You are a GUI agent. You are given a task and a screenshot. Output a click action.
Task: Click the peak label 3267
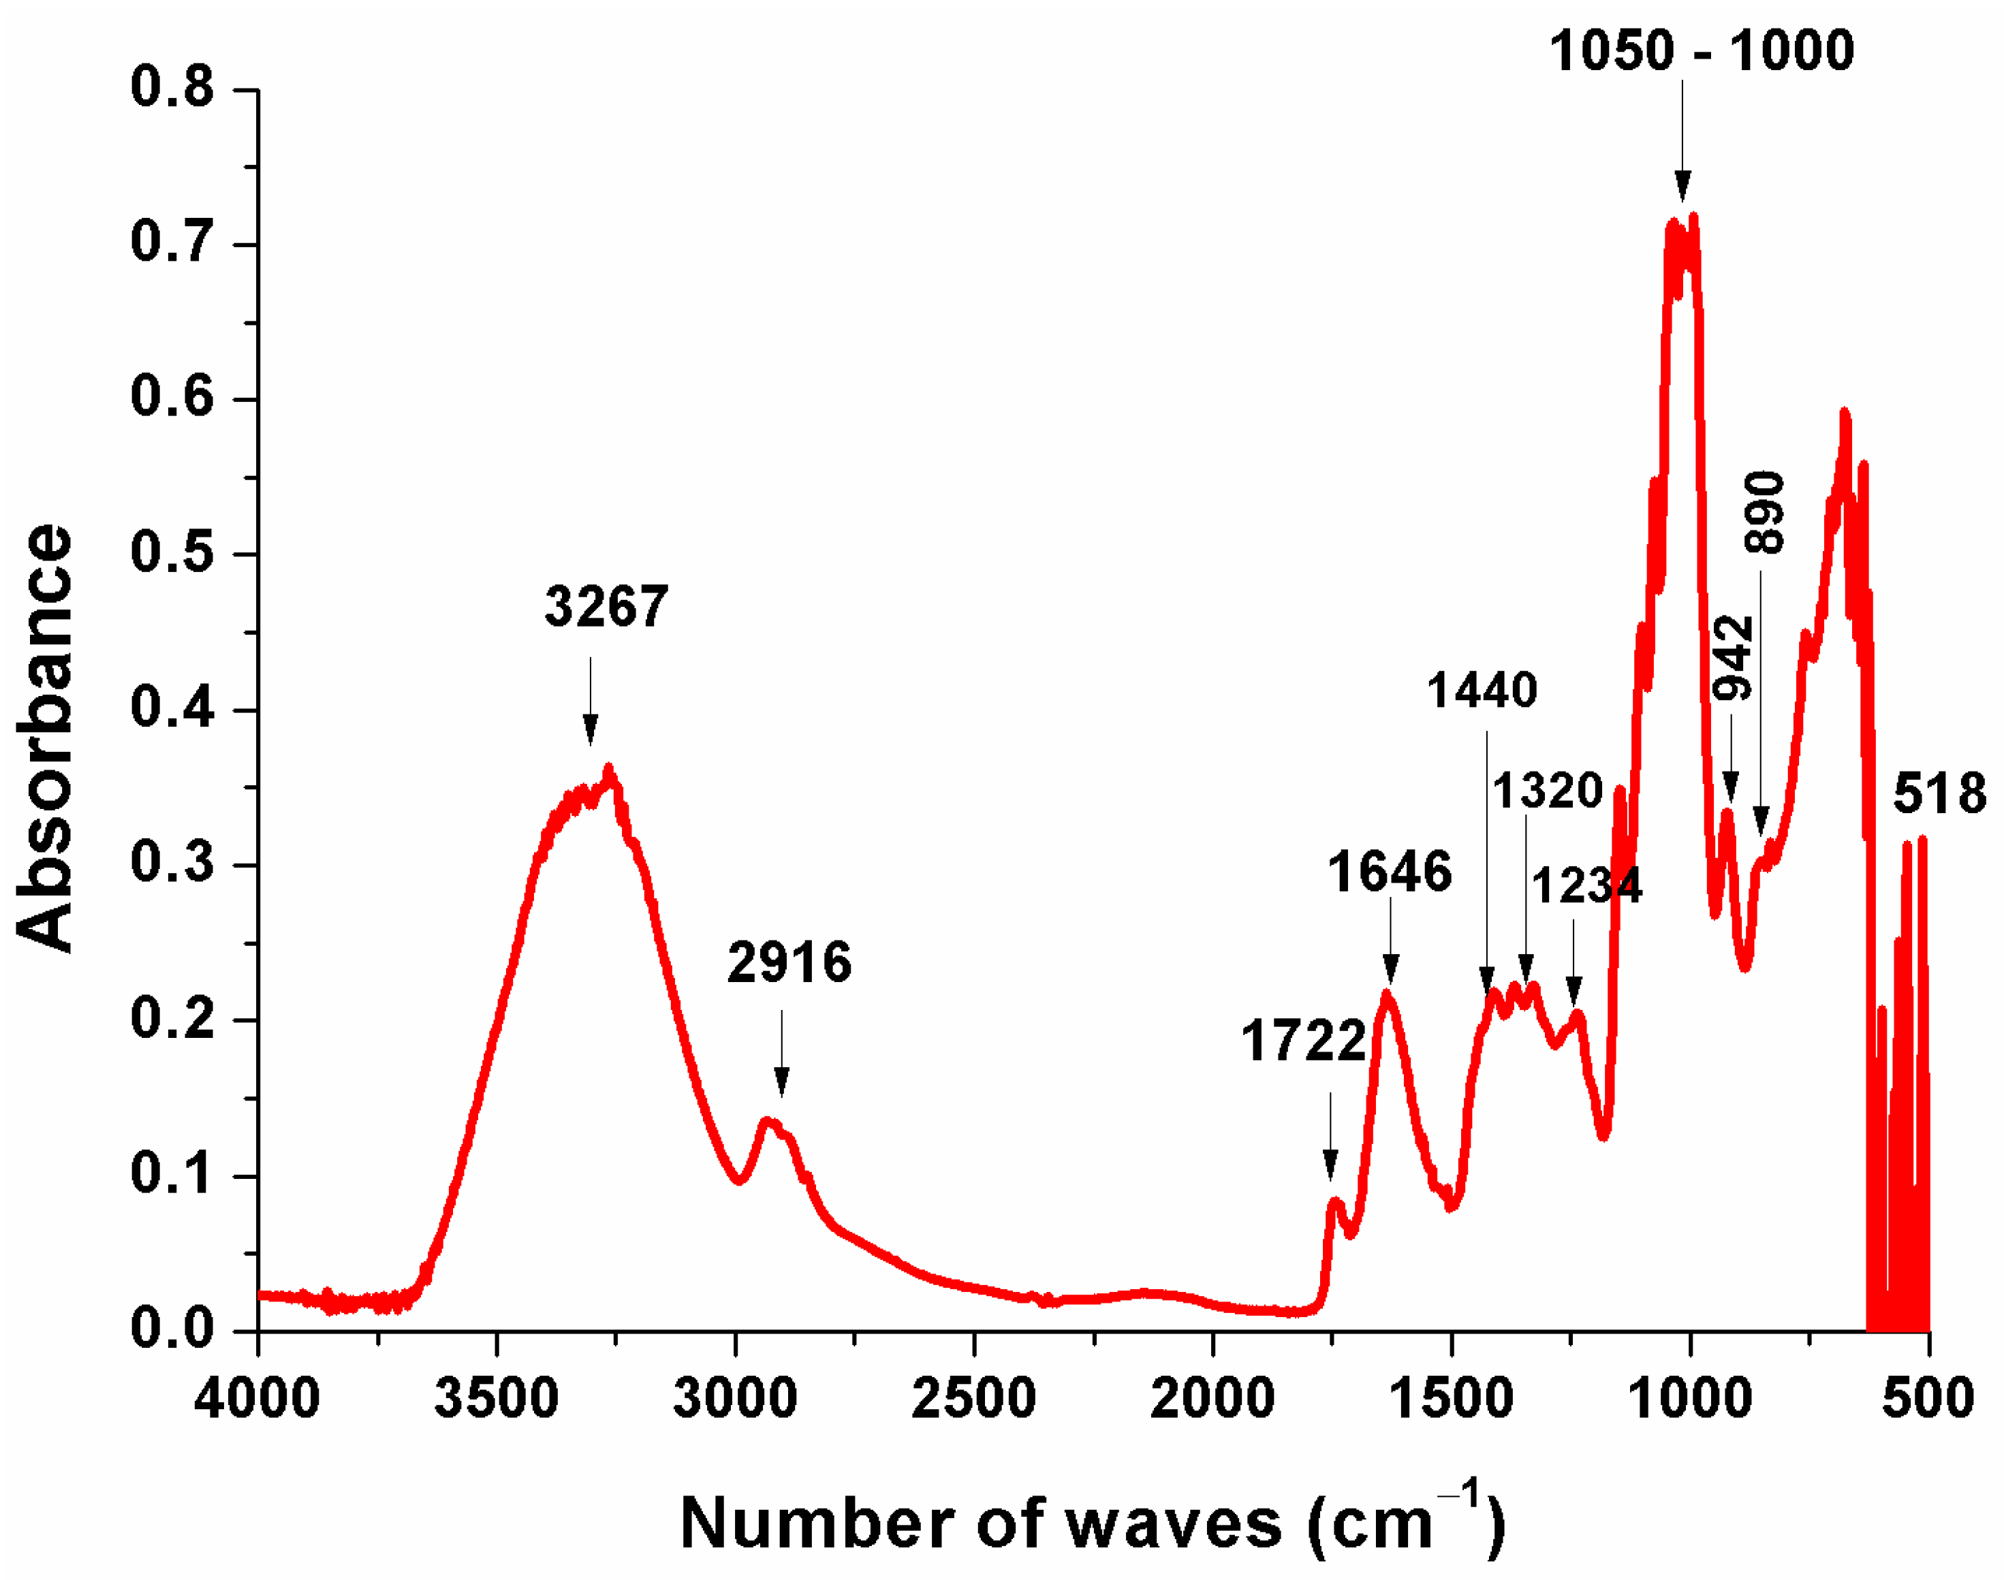[606, 607]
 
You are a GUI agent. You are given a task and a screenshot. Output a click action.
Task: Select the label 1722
[1302, 1041]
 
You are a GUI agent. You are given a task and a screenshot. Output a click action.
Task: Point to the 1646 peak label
[1389, 872]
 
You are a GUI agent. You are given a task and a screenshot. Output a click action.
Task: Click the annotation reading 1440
[1482, 690]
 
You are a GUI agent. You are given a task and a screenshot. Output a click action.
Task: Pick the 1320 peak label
[1547, 791]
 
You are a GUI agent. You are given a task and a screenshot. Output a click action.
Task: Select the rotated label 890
[1764, 513]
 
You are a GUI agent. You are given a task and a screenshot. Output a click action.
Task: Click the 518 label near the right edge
[1939, 793]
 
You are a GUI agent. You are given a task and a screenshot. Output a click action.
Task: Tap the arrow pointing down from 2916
[782, 1054]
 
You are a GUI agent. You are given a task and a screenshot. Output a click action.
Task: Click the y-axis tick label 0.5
[171, 553]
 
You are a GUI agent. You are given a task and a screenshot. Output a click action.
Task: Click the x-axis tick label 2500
[973, 1399]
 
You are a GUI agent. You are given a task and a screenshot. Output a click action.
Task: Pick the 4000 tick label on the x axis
[257, 1399]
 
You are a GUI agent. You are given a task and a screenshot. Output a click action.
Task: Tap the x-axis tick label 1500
[1452, 1399]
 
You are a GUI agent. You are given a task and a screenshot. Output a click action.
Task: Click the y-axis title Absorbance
[44, 738]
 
